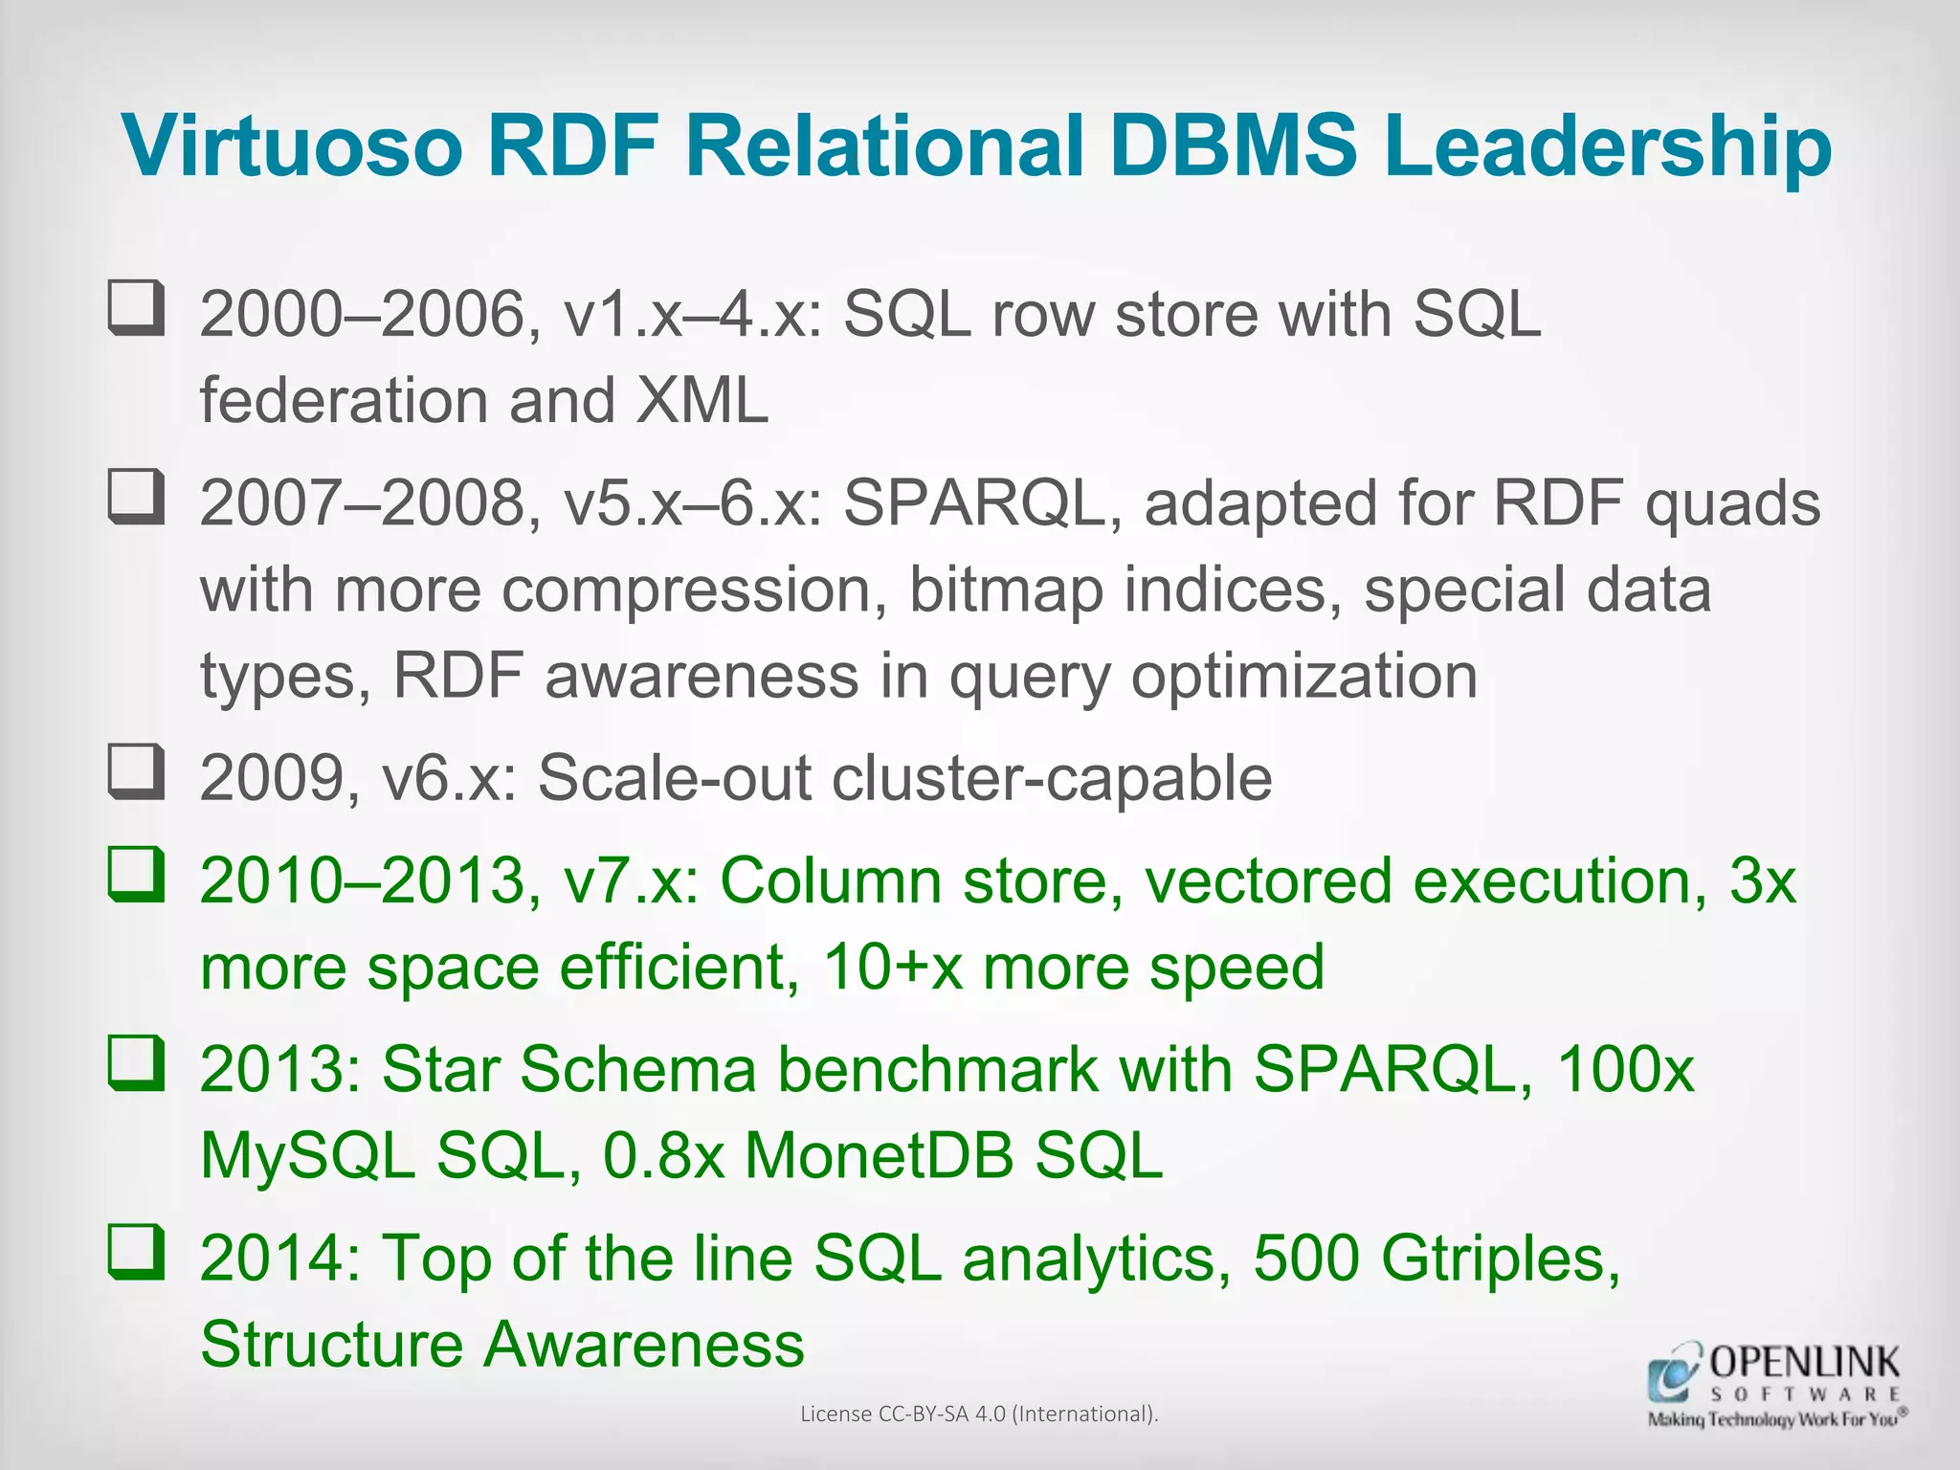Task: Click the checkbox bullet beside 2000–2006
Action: point(135,307)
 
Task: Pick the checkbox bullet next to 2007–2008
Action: point(135,496)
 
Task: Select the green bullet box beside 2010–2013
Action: point(135,874)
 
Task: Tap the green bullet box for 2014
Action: point(135,1251)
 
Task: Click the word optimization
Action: point(1304,676)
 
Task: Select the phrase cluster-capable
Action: point(1052,777)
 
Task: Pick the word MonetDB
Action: point(879,1155)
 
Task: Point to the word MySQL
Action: point(307,1155)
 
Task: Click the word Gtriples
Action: point(1500,1258)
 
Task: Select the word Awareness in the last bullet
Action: point(644,1344)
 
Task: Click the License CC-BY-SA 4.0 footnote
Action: point(979,1414)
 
